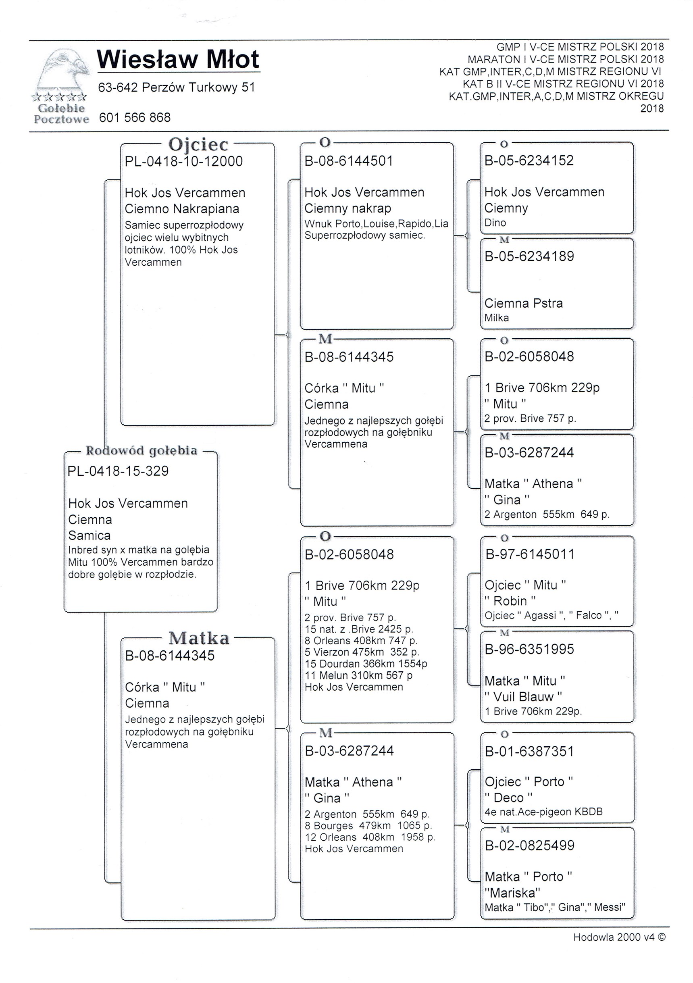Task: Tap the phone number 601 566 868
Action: coord(135,117)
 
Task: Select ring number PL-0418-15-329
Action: coord(118,471)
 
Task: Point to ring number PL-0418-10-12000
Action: coord(183,161)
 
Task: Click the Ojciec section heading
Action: coord(198,144)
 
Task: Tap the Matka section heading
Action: coord(199,638)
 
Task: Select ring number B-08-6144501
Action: coord(348,161)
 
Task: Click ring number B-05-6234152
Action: coord(529,160)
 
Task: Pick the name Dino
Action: coord(495,223)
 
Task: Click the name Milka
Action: coord(497,318)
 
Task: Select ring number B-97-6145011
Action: coord(529,554)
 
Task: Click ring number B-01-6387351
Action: coord(529,752)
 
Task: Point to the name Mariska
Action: coord(512,893)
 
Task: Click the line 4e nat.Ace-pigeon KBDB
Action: coord(543,812)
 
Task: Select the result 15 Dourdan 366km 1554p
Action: coord(366,664)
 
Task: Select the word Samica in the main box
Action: coord(89,535)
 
